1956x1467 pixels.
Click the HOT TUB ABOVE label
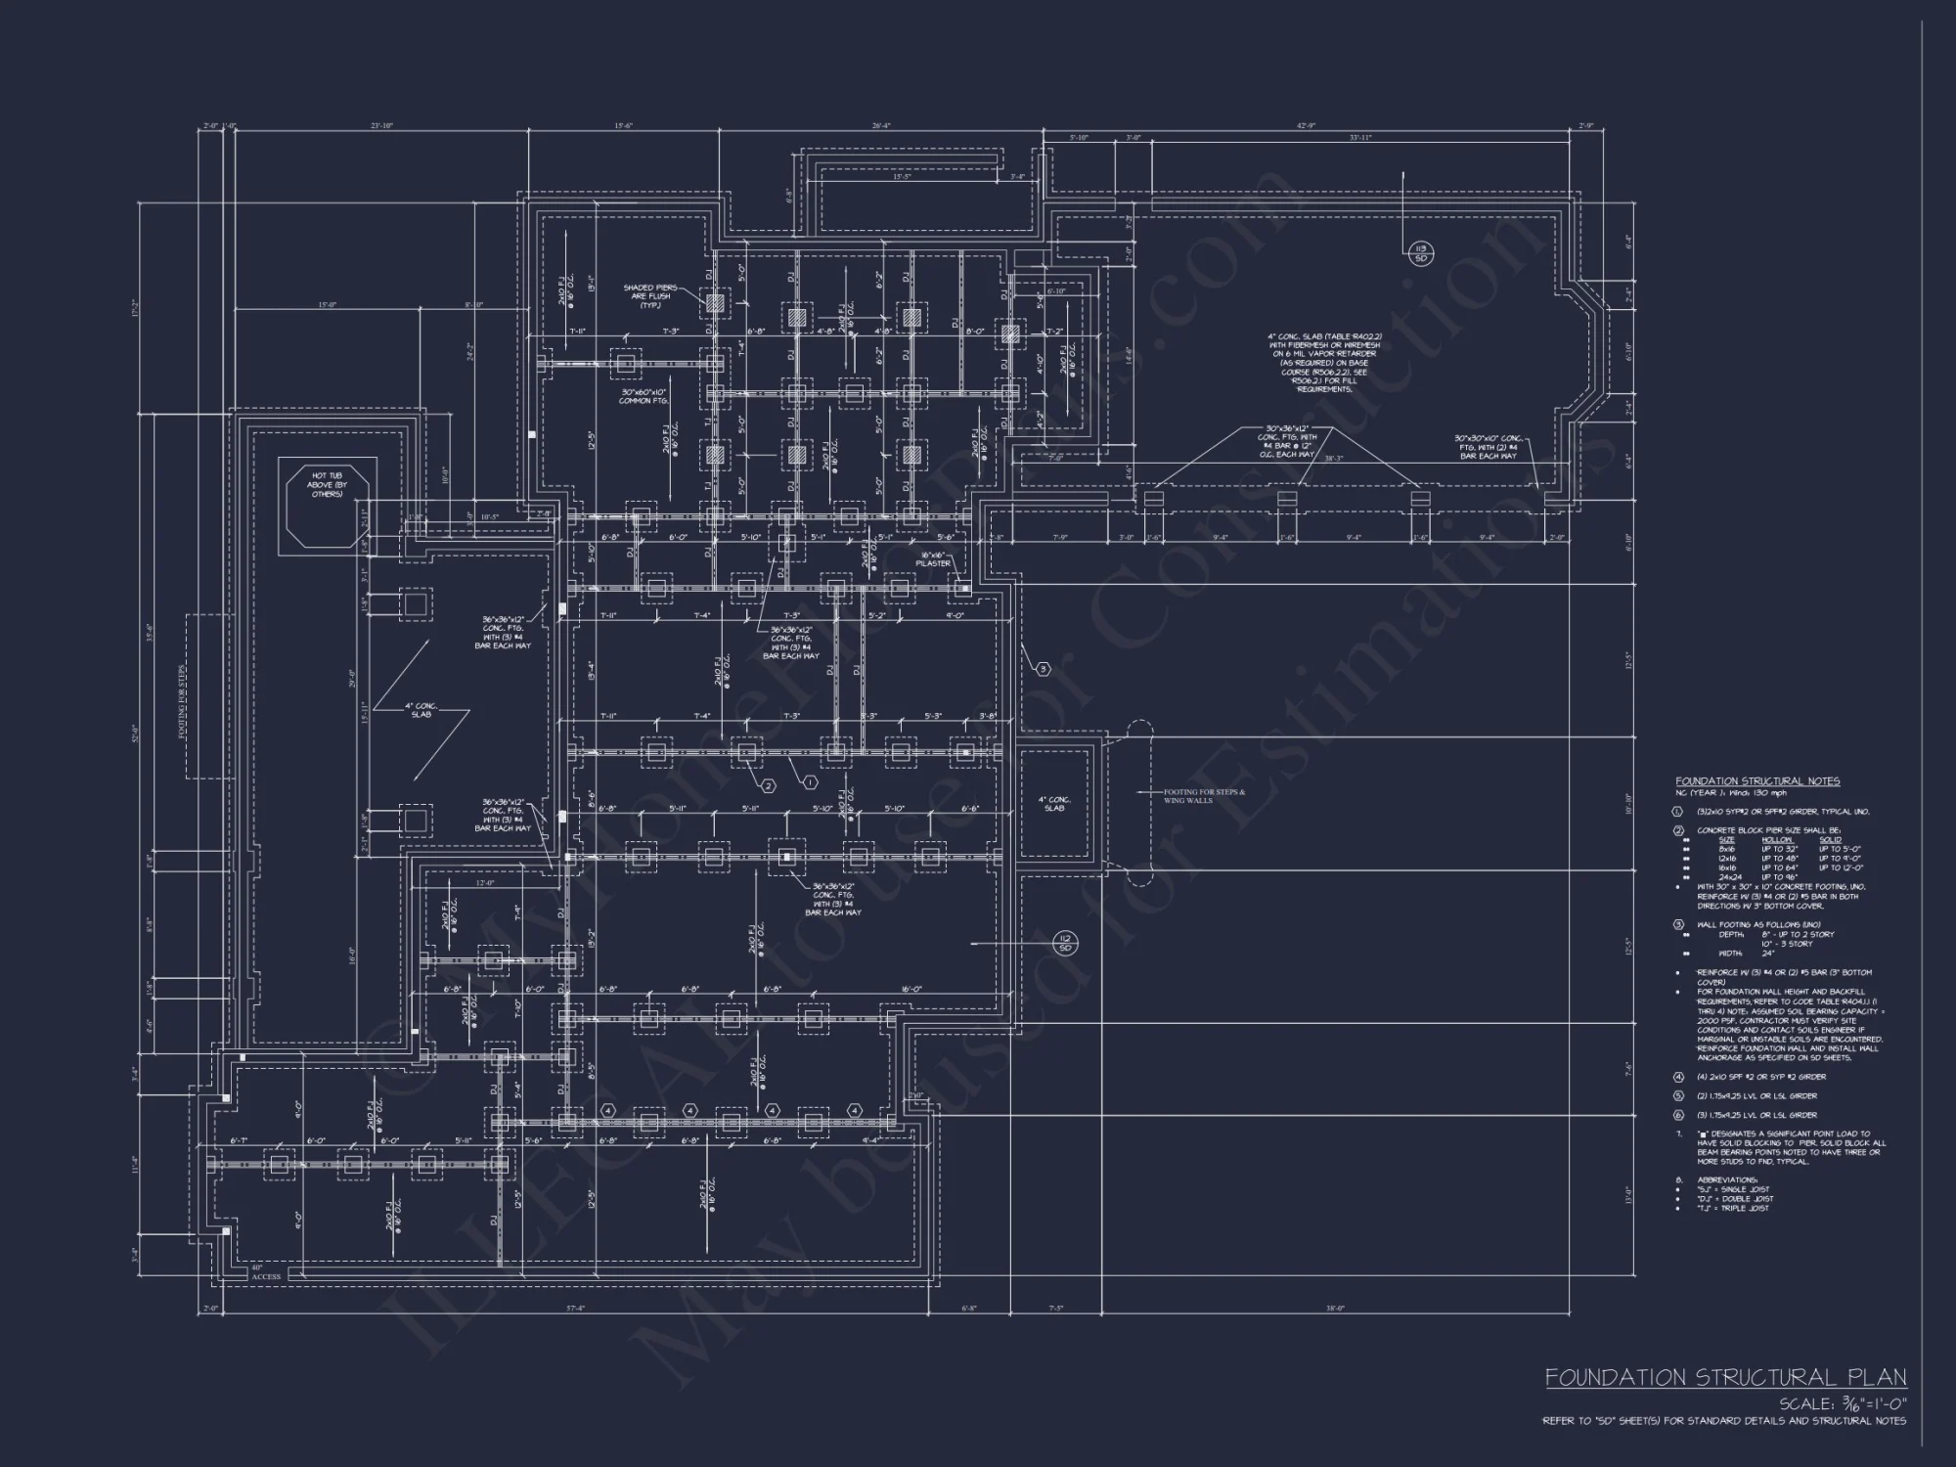(x=327, y=484)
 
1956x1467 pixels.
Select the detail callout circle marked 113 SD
(x=1422, y=253)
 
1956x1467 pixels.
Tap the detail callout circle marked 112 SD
(x=1065, y=944)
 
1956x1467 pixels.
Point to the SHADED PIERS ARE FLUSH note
(x=650, y=296)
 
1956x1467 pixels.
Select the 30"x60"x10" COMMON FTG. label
(x=643, y=396)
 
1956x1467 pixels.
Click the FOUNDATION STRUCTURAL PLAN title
(x=1725, y=1377)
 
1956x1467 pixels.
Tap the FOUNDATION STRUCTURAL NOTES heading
(x=1756, y=781)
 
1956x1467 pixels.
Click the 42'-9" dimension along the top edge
(x=1307, y=126)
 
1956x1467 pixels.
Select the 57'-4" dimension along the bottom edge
(x=575, y=1309)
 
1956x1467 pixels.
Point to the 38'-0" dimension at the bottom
(x=1335, y=1309)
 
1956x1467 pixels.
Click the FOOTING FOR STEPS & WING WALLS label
(x=1203, y=796)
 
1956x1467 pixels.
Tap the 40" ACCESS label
(x=265, y=1272)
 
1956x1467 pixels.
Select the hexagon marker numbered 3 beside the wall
(x=1043, y=669)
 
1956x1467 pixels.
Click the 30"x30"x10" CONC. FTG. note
(x=1488, y=447)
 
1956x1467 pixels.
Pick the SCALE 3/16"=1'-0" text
(x=1842, y=1404)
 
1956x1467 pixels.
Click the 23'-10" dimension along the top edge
(x=381, y=126)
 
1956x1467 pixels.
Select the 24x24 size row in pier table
(x=1728, y=877)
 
